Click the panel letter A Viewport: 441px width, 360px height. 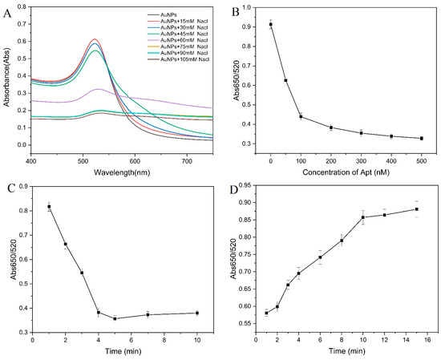[6, 11]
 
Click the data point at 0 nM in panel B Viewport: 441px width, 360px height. [271, 25]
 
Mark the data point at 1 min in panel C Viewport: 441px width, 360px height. [49, 207]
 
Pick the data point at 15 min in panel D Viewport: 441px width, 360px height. [415, 209]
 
